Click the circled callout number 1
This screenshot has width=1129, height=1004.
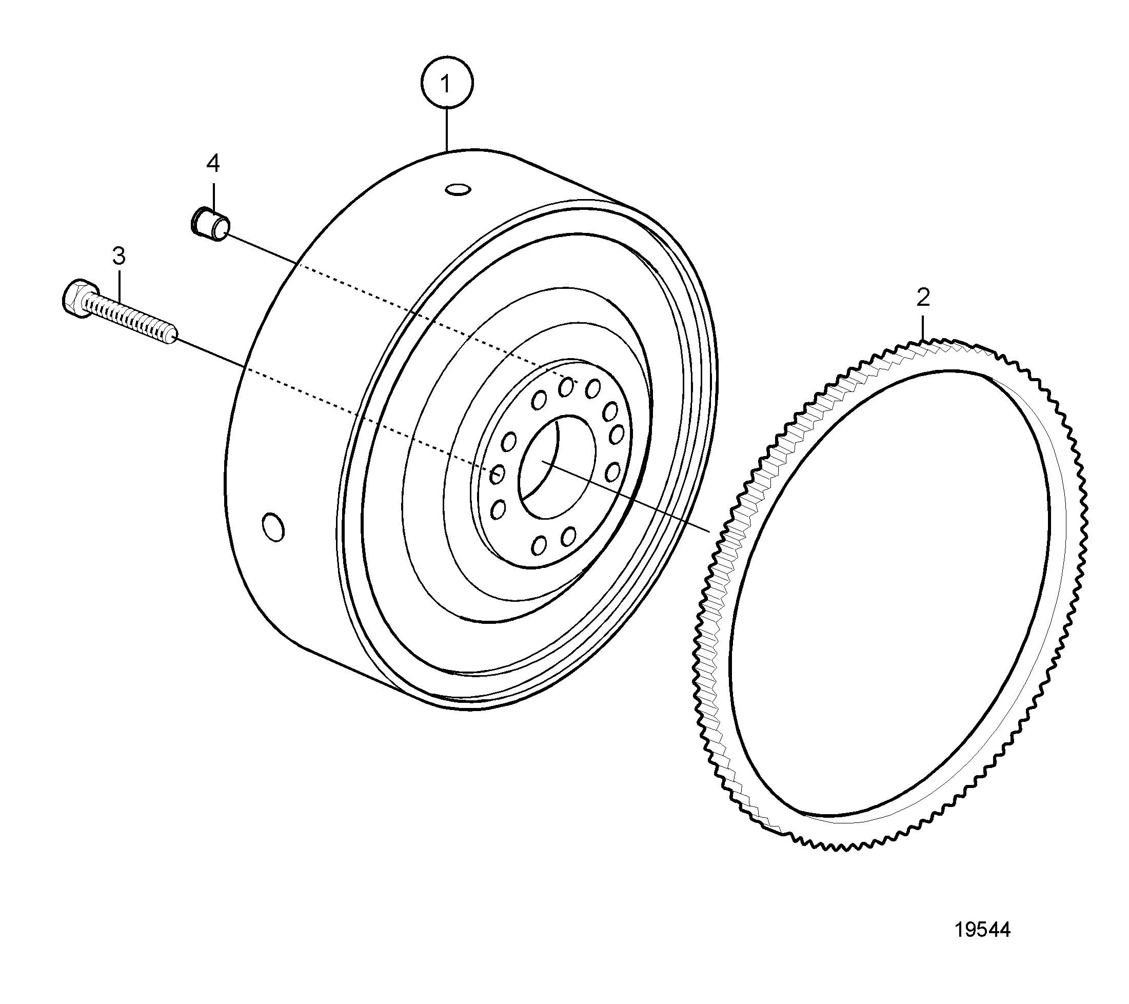tap(447, 83)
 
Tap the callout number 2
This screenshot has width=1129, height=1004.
tap(923, 298)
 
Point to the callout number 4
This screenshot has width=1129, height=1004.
tap(213, 164)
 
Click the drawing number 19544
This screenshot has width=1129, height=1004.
tap(983, 930)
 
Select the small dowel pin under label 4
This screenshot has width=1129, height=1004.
tap(210, 223)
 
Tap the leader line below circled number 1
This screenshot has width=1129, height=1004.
tap(447, 129)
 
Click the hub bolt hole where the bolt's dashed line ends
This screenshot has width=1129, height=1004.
tap(497, 474)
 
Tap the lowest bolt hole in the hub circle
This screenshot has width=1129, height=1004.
tap(539, 545)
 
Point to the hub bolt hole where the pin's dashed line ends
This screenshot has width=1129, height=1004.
tap(566, 387)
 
